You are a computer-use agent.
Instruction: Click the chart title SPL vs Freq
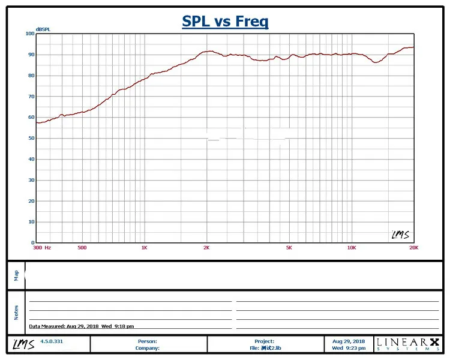(x=225, y=22)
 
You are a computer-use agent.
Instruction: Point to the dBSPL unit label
(x=44, y=29)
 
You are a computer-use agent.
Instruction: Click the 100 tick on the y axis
(x=29, y=34)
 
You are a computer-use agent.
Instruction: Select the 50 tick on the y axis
(x=31, y=138)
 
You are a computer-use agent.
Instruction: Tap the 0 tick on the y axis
(x=32, y=242)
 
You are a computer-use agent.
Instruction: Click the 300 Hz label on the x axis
(x=42, y=247)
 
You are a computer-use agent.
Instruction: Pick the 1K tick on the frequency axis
(x=144, y=247)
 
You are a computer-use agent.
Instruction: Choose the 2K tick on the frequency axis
(x=207, y=247)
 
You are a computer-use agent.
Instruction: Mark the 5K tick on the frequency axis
(x=289, y=247)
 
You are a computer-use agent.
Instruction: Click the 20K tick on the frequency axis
(x=413, y=247)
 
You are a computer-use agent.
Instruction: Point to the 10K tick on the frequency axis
(x=352, y=247)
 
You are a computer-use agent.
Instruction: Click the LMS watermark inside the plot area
(x=400, y=235)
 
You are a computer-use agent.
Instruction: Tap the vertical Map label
(x=16, y=275)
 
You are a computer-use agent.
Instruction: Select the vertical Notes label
(x=16, y=312)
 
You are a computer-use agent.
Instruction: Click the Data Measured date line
(x=82, y=326)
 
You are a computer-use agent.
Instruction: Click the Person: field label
(x=148, y=341)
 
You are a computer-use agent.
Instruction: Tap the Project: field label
(x=264, y=341)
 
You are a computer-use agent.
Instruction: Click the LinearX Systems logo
(x=407, y=344)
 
